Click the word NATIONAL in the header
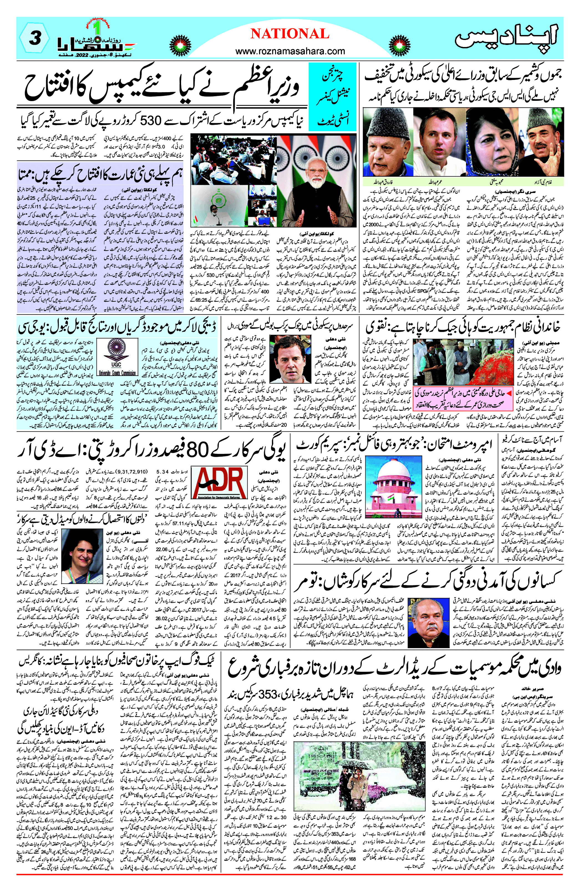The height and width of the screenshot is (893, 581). tap(290, 34)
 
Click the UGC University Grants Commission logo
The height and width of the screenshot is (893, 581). tap(117, 357)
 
